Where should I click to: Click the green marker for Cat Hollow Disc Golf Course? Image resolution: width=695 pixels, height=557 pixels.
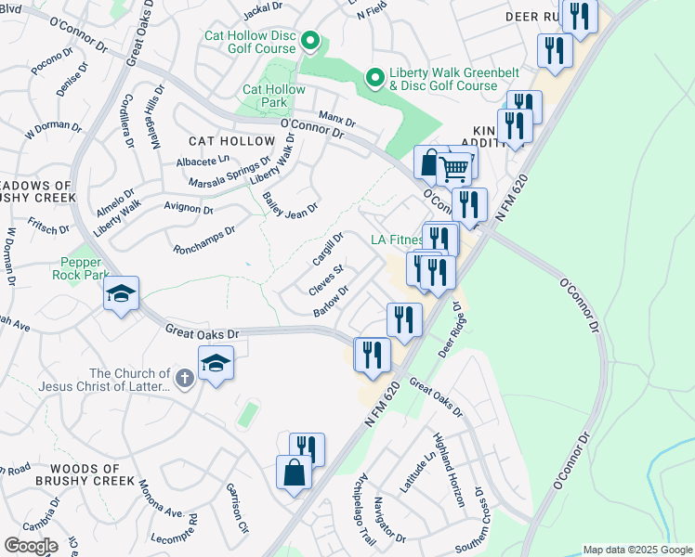(x=311, y=42)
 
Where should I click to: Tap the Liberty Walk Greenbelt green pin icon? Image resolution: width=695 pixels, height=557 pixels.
(x=374, y=78)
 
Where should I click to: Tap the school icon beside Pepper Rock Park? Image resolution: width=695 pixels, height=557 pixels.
(x=121, y=294)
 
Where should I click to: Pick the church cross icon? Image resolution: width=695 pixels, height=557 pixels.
(x=184, y=379)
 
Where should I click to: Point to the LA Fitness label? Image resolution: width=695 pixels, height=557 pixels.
(x=397, y=240)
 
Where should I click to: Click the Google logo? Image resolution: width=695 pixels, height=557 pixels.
(x=31, y=545)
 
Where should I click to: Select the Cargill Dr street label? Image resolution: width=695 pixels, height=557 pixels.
(x=329, y=248)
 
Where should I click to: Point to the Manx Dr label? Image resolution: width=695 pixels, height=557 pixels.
(x=337, y=120)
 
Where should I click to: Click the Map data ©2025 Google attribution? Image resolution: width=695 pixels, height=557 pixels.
(x=637, y=550)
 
